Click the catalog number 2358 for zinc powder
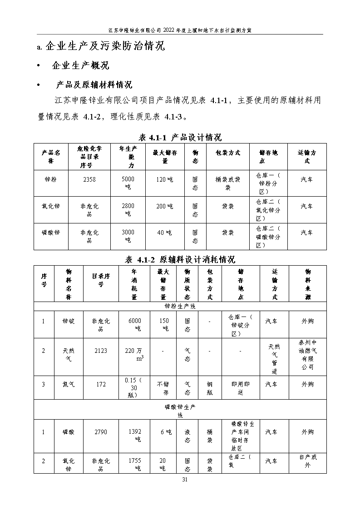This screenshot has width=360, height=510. coord(89,179)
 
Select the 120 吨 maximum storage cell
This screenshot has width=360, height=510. coord(164,179)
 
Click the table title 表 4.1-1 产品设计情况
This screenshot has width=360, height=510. coord(180,137)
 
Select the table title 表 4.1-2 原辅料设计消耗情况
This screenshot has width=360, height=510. coord(180,260)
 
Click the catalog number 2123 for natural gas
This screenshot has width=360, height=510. coord(101,350)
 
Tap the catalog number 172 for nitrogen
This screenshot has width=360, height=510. coord(101,384)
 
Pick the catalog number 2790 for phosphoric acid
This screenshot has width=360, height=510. coord(101,431)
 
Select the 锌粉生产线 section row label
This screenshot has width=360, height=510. coord(180,306)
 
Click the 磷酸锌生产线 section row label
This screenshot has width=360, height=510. coord(180,411)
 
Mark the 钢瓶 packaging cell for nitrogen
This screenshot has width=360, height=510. coord(209,388)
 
